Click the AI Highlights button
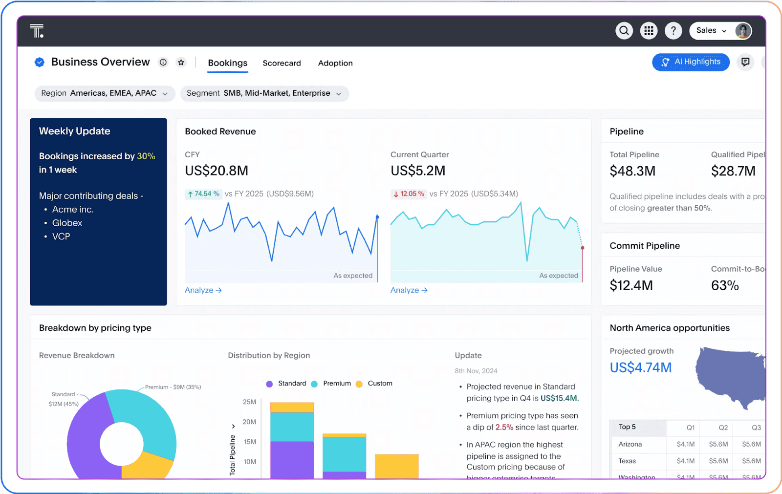(x=691, y=62)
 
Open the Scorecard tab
(x=282, y=63)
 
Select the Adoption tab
(x=335, y=63)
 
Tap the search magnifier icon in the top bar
(x=624, y=31)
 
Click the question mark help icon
(x=673, y=31)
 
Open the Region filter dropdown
(x=105, y=93)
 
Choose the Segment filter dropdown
(x=264, y=93)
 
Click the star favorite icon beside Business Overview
(x=181, y=62)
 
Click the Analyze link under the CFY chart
(x=203, y=290)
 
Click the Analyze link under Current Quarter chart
(x=409, y=290)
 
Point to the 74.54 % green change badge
(x=203, y=194)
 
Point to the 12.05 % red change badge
(x=409, y=194)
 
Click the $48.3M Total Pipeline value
(x=632, y=171)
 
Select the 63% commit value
(x=725, y=285)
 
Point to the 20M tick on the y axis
(x=249, y=422)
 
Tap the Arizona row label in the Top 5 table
(x=630, y=444)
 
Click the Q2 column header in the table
(x=723, y=428)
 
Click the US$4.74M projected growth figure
(x=641, y=367)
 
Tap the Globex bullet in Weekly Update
(x=67, y=223)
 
